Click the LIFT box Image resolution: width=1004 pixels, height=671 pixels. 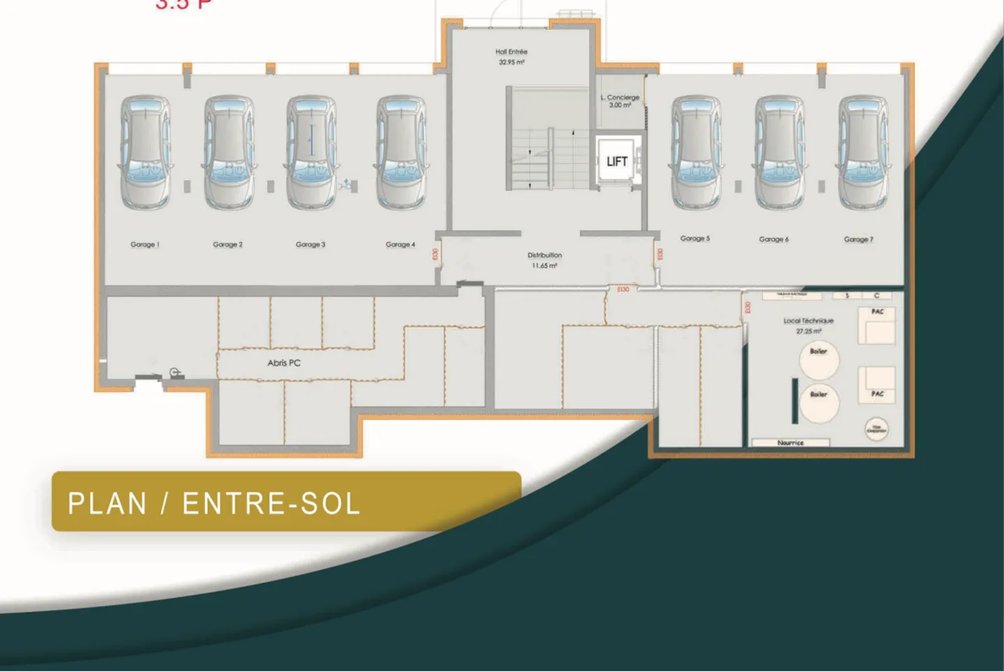(616, 162)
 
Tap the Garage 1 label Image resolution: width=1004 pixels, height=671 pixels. (145, 245)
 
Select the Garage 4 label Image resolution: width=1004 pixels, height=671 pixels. (400, 245)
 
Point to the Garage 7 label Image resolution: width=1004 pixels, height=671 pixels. (858, 239)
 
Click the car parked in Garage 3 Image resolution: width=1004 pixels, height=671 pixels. (312, 153)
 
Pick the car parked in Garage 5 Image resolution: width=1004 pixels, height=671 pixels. (696, 153)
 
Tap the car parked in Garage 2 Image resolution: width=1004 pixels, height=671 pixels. (229, 153)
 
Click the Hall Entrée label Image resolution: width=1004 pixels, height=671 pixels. (511, 52)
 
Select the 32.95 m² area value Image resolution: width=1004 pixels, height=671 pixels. (511, 63)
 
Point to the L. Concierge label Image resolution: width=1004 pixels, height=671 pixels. (620, 98)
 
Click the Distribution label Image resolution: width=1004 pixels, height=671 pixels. (545, 255)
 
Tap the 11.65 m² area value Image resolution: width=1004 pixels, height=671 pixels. (545, 266)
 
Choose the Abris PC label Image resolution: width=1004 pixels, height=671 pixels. (284, 363)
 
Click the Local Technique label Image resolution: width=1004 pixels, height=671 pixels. (808, 321)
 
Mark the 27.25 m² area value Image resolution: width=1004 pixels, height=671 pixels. (808, 331)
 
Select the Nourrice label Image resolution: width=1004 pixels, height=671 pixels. (790, 443)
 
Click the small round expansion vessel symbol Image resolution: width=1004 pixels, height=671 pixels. (876, 428)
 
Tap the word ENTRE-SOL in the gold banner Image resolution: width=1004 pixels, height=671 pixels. (271, 504)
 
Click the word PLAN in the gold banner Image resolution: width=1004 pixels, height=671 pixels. (107, 504)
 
